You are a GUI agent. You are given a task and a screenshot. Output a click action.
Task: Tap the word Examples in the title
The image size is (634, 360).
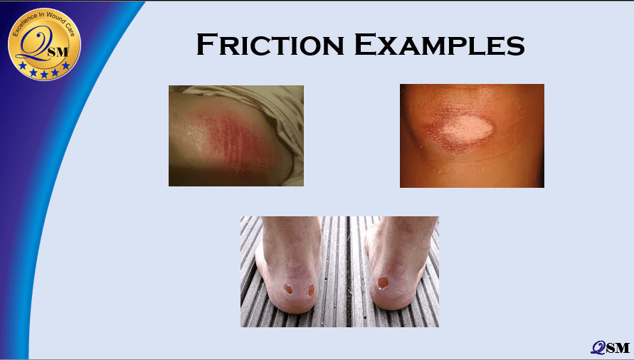coord(440,45)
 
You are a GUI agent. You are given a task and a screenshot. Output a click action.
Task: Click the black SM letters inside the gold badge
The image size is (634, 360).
coord(58,52)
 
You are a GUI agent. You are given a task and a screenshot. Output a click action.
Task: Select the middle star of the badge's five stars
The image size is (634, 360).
coord(44,75)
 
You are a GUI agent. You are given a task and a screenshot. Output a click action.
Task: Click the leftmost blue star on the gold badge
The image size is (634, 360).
coord(23,65)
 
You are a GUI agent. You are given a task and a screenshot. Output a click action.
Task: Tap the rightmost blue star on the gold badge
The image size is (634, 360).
coord(65,65)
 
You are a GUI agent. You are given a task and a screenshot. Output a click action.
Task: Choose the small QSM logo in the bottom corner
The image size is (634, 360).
coord(610,347)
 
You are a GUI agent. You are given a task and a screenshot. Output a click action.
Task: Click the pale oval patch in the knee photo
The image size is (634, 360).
coord(467,130)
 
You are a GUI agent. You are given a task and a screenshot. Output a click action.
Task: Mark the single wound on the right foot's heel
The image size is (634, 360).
coord(383,282)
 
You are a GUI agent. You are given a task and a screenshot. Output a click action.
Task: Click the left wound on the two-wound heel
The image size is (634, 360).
coord(288,289)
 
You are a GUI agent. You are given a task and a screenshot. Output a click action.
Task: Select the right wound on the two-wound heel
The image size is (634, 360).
coord(311,290)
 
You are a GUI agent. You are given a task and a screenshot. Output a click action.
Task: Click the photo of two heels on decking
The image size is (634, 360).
coord(339,271)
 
